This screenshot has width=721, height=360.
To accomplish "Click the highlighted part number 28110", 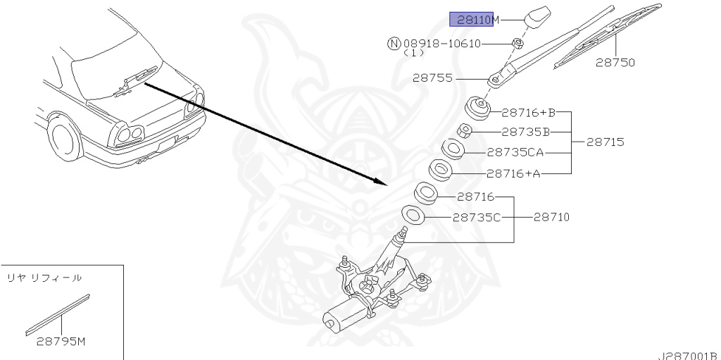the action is tap(471, 20).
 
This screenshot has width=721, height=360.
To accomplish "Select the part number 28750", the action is tap(615, 63).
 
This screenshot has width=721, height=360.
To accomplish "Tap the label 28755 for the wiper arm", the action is tap(432, 78).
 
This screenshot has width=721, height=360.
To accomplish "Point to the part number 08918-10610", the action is tap(442, 44).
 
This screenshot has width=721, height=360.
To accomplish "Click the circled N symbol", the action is tap(394, 44).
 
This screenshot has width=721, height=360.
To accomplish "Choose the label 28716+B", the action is tap(529, 112).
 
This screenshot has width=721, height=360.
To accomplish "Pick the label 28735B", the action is tap(525, 132).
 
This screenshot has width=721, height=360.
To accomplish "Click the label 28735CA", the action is tap(515, 152).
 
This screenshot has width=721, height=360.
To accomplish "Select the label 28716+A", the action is tap(514, 173).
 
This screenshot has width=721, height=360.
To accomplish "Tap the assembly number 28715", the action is tap(606, 142).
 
